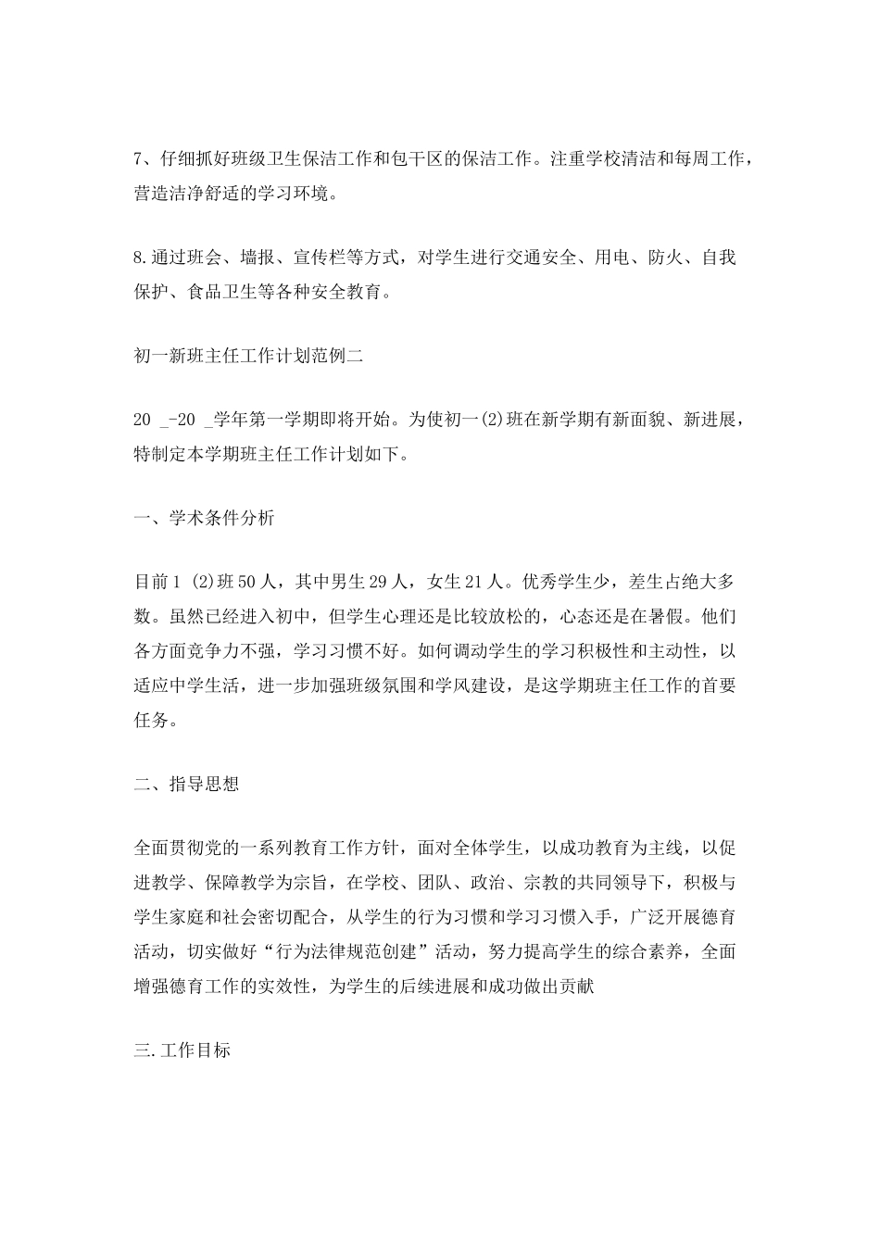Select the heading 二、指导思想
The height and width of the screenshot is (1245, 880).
[186, 784]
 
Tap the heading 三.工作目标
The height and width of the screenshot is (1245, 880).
[182, 1050]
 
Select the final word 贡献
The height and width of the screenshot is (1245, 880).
[587, 987]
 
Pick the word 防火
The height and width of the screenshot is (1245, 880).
[664, 258]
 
